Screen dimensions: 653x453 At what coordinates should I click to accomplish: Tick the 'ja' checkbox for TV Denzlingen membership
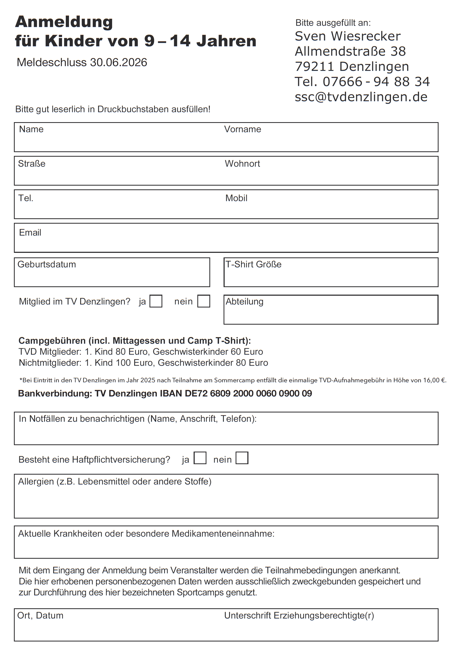click(x=156, y=301)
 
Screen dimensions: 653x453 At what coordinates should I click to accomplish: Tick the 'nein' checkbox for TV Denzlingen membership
click(x=204, y=301)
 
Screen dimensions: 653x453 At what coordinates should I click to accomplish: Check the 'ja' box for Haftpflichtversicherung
click(x=200, y=458)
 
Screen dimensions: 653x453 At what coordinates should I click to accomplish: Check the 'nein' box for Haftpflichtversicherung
click(x=242, y=458)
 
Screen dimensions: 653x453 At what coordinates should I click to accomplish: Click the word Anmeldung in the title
click(x=64, y=22)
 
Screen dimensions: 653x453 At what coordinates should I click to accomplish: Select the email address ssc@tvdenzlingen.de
click(x=361, y=97)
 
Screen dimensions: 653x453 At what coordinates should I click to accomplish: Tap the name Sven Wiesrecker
click(x=347, y=36)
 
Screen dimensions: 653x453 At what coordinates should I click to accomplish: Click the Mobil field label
click(x=236, y=198)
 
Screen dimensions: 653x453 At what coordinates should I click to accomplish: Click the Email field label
click(x=30, y=232)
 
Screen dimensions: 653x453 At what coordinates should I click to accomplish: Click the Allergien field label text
click(x=115, y=482)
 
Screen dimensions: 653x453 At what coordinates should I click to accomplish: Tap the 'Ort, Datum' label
click(x=40, y=616)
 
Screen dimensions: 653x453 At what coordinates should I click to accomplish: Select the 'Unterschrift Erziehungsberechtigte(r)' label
click(x=299, y=616)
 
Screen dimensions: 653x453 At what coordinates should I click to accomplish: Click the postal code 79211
click(x=314, y=67)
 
